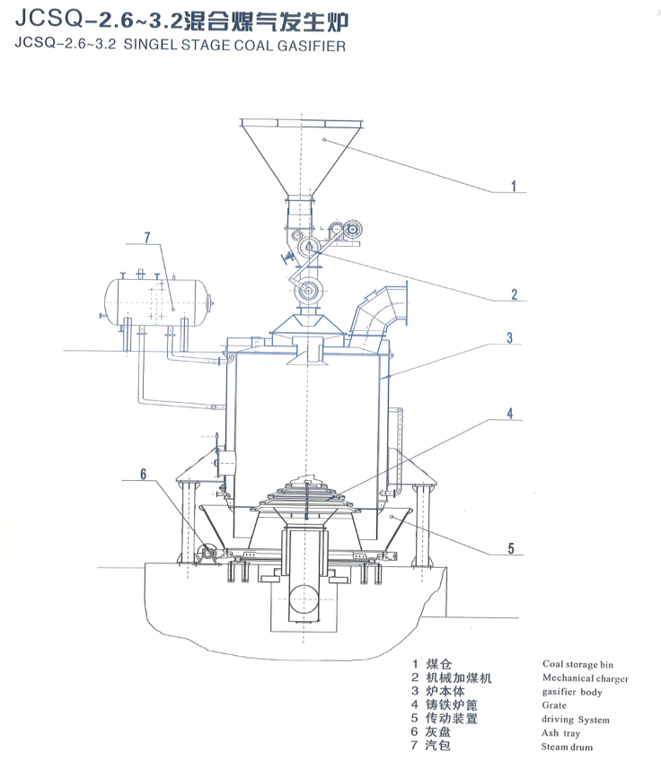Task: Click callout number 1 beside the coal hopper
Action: tap(513, 186)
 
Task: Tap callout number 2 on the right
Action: tap(514, 294)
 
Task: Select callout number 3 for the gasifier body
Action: tap(510, 338)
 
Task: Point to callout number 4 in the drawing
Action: tap(510, 414)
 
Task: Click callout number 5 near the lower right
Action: tap(511, 548)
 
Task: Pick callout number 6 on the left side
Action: tap(143, 474)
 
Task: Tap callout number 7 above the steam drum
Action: tap(147, 238)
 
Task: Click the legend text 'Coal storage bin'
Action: tap(577, 664)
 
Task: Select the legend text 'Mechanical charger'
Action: tap(586, 678)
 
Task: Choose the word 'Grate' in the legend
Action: tap(554, 705)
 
